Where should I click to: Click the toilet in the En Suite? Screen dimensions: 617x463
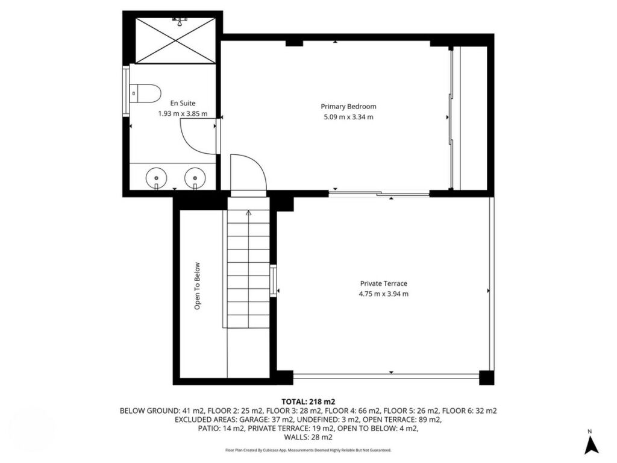[146, 93]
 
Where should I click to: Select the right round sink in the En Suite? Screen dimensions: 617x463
[195, 178]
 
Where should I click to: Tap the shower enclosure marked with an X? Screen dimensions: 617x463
[175, 40]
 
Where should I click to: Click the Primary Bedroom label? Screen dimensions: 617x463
[348, 106]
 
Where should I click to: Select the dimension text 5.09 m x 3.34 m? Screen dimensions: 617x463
[348, 117]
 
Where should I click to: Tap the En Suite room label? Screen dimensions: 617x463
[183, 103]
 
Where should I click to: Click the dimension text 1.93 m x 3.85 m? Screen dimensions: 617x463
[183, 114]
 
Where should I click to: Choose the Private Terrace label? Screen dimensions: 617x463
[384, 283]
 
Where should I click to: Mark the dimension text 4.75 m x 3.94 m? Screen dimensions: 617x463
[384, 294]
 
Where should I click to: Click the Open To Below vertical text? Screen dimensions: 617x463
[197, 286]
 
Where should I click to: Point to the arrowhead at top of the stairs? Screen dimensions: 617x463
[248, 213]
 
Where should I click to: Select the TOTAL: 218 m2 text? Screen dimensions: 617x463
[308, 402]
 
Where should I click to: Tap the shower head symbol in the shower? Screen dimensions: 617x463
[180, 21]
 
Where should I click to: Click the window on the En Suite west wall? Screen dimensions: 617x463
[126, 92]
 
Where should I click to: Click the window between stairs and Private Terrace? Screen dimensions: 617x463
[273, 281]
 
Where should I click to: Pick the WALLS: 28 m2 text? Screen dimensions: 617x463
[308, 437]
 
